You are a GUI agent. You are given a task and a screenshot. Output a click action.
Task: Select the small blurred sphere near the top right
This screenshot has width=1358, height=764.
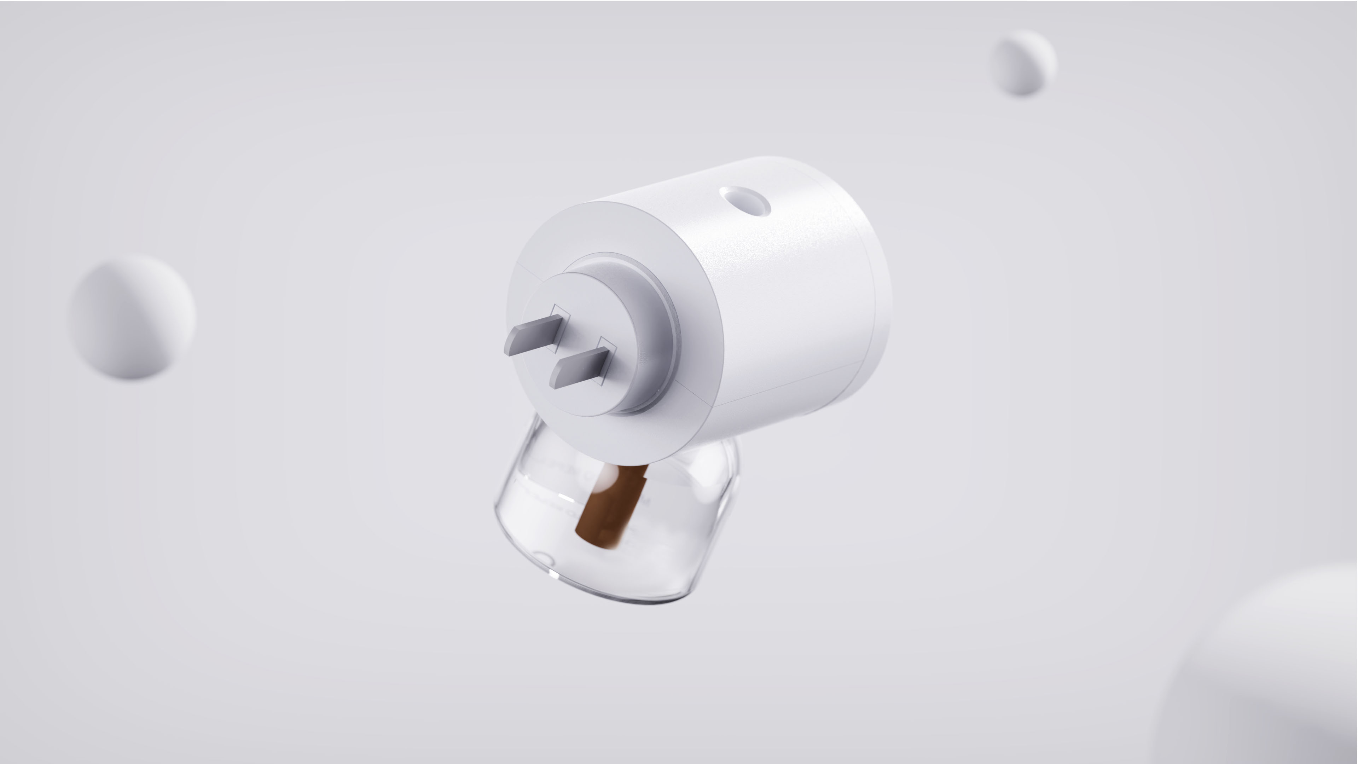[x=1023, y=63]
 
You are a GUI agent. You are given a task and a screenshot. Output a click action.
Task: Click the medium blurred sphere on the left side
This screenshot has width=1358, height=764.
[x=132, y=316]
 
